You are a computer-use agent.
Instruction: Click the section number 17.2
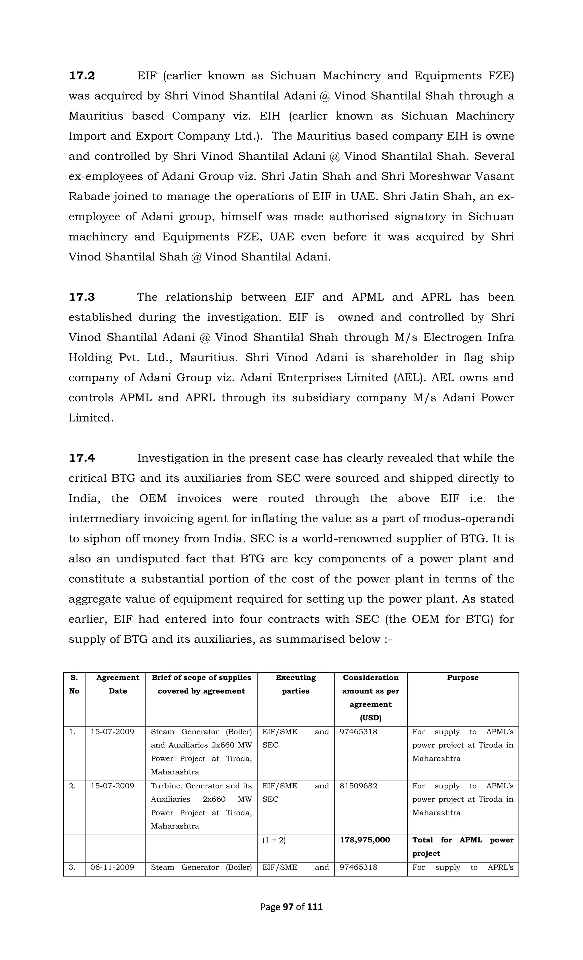(x=82, y=76)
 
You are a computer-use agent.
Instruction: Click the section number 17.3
(x=82, y=297)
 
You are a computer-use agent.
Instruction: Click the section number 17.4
(x=82, y=458)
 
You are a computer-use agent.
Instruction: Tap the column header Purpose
(x=463, y=678)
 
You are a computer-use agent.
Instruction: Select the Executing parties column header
(x=295, y=684)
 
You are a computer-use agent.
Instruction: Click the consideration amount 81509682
(x=358, y=786)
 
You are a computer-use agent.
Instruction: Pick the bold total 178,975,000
(x=365, y=840)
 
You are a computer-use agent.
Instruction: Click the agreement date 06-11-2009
(x=112, y=867)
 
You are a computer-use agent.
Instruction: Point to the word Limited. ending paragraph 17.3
(x=91, y=418)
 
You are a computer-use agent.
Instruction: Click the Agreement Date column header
(x=118, y=684)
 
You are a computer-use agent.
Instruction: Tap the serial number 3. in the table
(x=72, y=867)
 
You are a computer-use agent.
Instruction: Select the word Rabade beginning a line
(x=89, y=197)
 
